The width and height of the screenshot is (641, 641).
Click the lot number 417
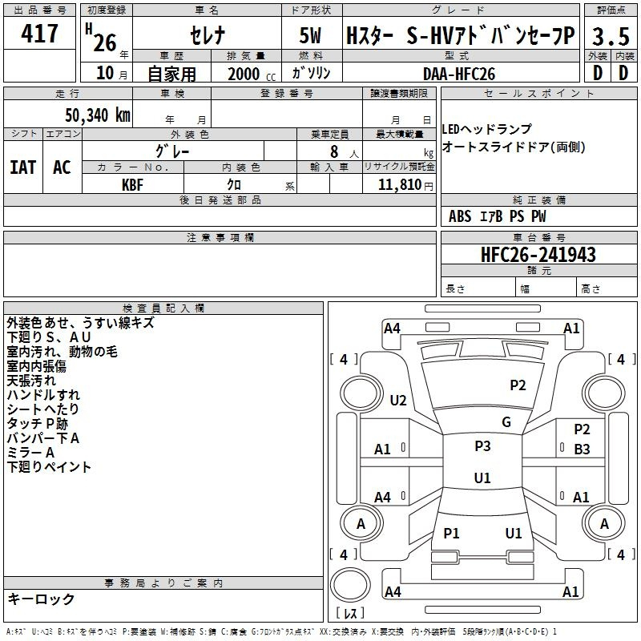[41, 34]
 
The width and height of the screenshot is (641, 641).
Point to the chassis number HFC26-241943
[538, 255]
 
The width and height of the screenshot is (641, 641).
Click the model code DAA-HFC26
[460, 72]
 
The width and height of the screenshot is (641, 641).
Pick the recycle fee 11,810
[399, 184]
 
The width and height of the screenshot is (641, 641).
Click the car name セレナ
[206, 36]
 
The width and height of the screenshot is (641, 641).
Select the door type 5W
[312, 36]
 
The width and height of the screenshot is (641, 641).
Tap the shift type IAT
[22, 167]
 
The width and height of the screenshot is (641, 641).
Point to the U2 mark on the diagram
[398, 400]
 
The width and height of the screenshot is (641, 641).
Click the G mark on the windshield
[506, 422]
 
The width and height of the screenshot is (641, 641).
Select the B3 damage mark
[582, 450]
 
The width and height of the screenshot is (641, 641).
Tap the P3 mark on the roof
[482, 446]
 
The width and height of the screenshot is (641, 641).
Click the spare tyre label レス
[353, 614]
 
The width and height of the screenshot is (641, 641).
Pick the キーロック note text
[41, 599]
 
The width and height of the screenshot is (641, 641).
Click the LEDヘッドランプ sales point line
[486, 129]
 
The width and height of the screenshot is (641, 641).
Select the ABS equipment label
[460, 216]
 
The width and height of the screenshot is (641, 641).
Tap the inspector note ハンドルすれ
[43, 394]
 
